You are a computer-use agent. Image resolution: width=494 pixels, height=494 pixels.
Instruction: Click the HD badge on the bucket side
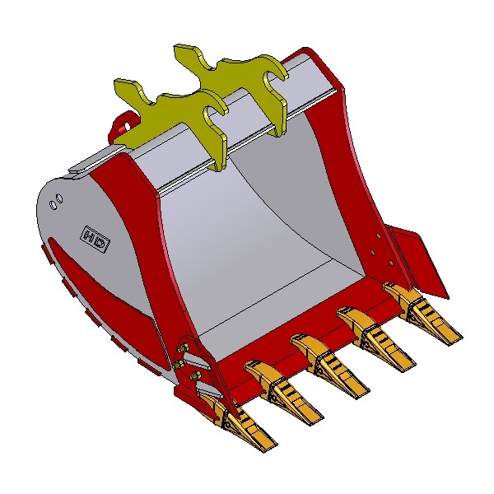click(96, 239)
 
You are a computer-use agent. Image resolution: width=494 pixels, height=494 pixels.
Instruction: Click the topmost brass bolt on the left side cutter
click(183, 349)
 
